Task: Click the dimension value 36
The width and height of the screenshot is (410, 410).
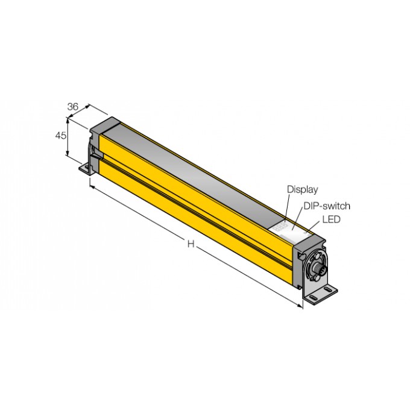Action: pos(73,107)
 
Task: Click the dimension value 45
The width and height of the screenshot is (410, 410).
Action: pos(60,136)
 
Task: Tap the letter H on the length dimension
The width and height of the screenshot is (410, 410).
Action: pos(191,244)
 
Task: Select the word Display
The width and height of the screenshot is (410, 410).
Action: pos(302,189)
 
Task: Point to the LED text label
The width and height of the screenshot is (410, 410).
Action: pos(332,220)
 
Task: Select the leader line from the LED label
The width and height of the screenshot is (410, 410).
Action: pos(315,225)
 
